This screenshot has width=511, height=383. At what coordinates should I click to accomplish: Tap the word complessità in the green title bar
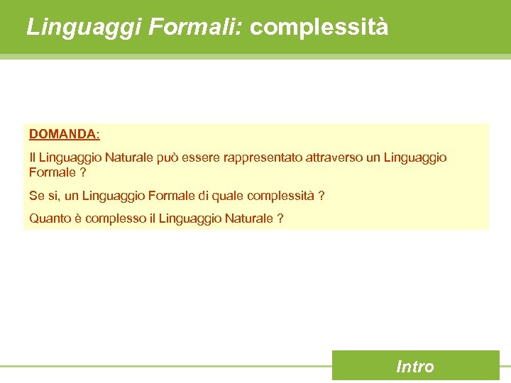click(319, 27)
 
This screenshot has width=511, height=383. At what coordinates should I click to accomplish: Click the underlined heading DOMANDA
click(63, 133)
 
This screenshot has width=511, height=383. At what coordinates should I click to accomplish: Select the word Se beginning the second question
click(36, 196)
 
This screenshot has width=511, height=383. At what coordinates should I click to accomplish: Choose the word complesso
click(115, 218)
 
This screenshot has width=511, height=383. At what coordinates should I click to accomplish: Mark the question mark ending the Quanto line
click(280, 218)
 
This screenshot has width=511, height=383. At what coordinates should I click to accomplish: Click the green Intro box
click(415, 366)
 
